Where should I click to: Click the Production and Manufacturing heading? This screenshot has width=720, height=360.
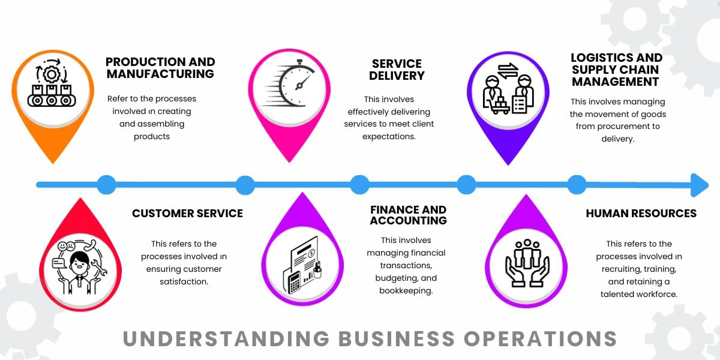click(x=160, y=68)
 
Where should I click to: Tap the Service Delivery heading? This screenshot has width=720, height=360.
click(x=397, y=70)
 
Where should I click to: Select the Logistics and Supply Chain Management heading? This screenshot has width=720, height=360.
click(x=616, y=70)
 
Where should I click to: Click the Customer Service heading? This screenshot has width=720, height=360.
click(x=187, y=213)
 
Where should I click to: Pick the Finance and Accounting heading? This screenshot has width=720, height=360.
click(x=408, y=215)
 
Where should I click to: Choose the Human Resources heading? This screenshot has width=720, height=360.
click(x=641, y=213)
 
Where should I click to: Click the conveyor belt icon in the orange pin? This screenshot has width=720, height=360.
click(x=50, y=89)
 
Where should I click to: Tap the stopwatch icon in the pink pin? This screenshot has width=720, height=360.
click(x=291, y=84)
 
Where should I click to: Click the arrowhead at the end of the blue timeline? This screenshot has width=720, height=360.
click(x=699, y=185)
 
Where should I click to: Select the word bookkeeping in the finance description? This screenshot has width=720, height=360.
click(x=406, y=291)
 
